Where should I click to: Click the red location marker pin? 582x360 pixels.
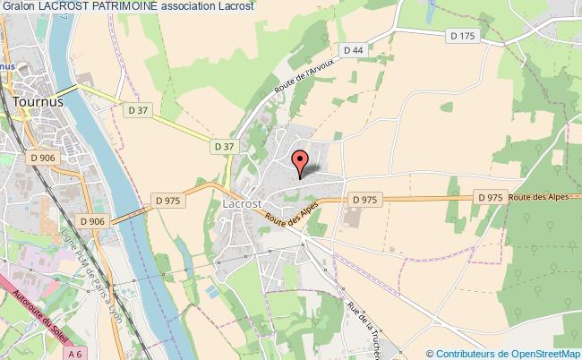click(301, 161)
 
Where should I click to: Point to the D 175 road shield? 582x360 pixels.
click(460, 35)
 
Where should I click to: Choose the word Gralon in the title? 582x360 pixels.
click(19, 6)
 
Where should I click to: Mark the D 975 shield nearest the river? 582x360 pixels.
click(168, 201)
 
